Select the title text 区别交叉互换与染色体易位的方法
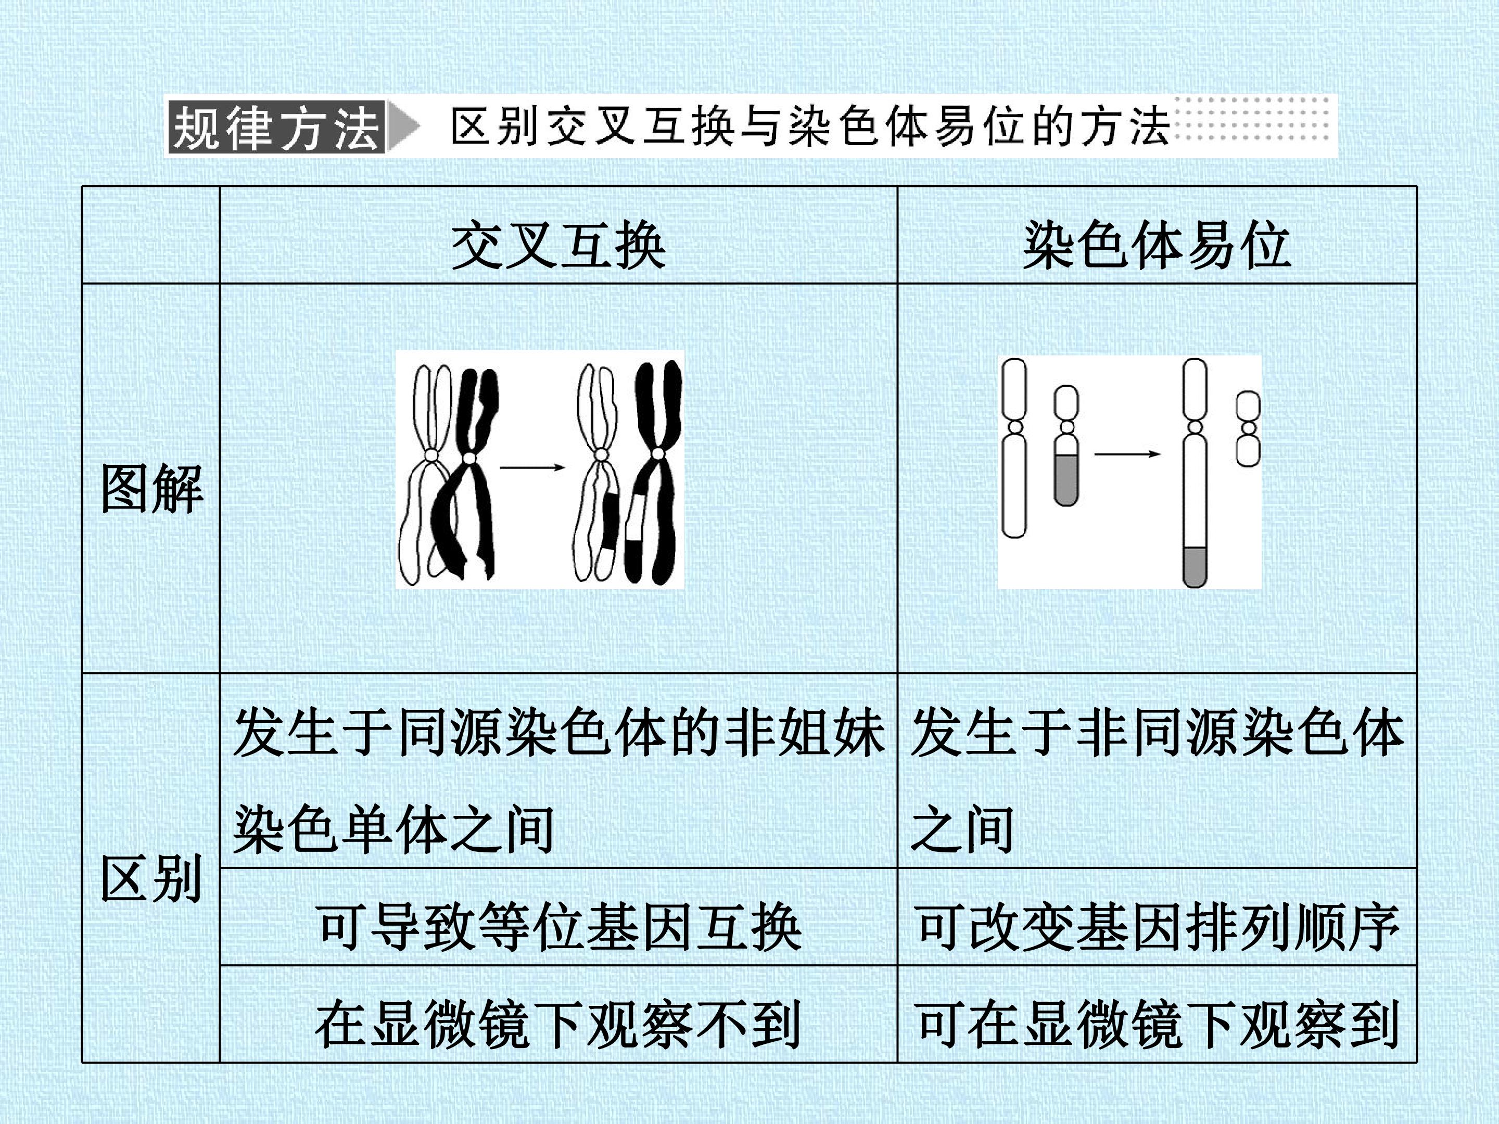coord(810,126)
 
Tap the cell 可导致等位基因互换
coord(559,927)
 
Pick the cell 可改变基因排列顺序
coord(1157,927)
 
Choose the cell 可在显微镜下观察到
coord(1157,1024)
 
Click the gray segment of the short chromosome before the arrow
coord(1066,480)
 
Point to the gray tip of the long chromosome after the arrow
coord(1194,566)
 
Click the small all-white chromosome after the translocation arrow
coord(1248,429)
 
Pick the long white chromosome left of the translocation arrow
coord(1014,448)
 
